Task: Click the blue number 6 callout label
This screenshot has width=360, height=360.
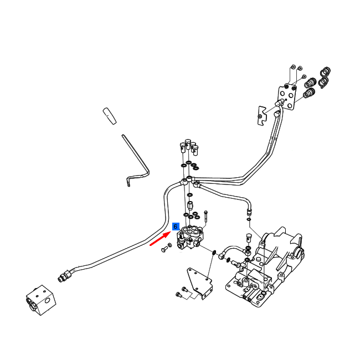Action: [176, 227]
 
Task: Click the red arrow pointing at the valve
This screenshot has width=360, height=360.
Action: [160, 239]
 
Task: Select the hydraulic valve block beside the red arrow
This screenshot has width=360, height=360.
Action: [190, 238]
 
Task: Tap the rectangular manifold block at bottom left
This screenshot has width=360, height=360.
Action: [41, 300]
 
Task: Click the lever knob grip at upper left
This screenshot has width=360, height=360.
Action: [110, 116]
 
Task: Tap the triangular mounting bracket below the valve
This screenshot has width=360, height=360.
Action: [199, 282]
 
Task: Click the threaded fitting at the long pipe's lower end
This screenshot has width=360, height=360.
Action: [65, 276]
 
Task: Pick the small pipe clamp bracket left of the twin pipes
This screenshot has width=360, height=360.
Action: [262, 116]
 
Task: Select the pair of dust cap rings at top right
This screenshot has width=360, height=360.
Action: [325, 78]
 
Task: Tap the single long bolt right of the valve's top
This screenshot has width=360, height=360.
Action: [205, 216]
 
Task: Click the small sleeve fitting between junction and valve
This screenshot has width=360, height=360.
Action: [190, 205]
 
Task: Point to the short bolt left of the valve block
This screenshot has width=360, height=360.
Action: [164, 249]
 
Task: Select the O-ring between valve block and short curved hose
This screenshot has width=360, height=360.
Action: [214, 253]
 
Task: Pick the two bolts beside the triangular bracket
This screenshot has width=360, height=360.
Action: [182, 292]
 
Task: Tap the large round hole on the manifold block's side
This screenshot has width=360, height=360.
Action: [48, 300]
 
